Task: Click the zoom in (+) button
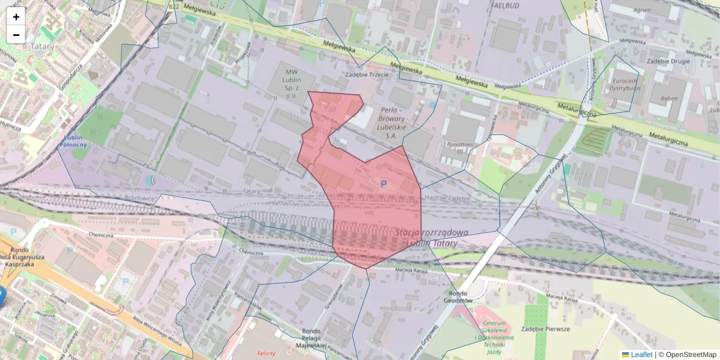(16, 17)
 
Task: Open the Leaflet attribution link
(641, 355)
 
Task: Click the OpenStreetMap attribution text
(687, 355)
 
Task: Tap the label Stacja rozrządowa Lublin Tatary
(431, 238)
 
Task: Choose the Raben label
(669, 98)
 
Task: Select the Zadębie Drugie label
(669, 61)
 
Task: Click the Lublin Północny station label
(74, 141)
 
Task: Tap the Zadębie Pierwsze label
(545, 329)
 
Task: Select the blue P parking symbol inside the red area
(383, 184)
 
